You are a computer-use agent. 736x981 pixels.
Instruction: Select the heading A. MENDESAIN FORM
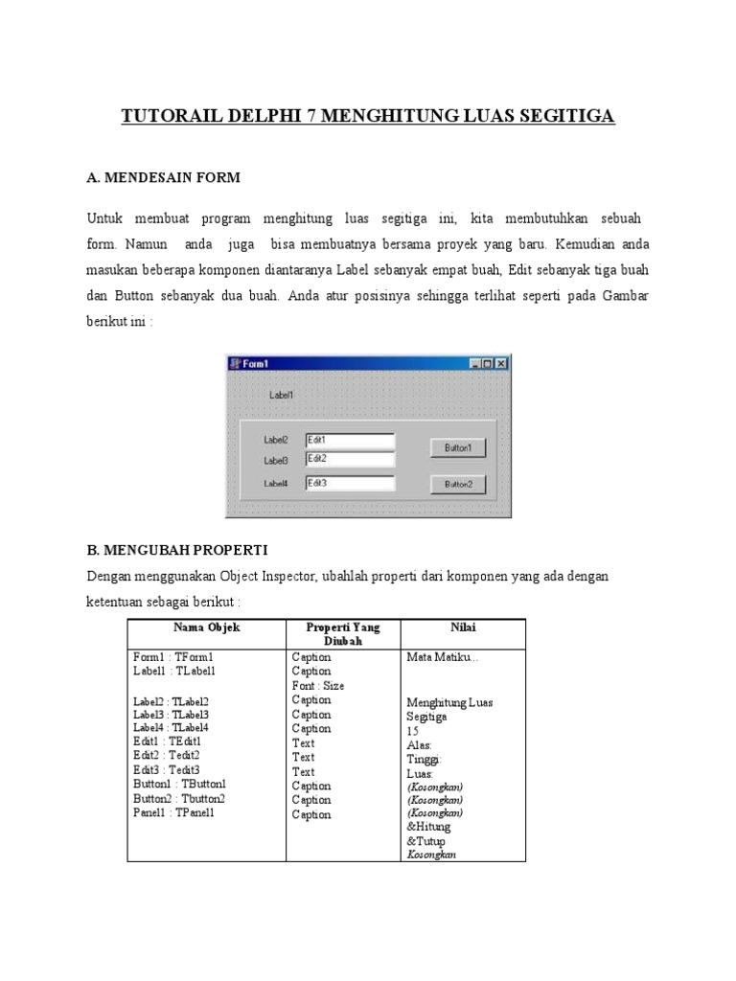[x=163, y=177]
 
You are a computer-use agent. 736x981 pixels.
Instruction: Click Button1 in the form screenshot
[x=457, y=447]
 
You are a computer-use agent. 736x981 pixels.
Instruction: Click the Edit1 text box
[x=350, y=440]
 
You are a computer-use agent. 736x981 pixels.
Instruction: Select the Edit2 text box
[x=350, y=459]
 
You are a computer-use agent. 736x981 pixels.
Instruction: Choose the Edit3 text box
[x=350, y=484]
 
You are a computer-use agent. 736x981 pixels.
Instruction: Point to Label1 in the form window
[x=281, y=394]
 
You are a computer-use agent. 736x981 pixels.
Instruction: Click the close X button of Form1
[x=501, y=364]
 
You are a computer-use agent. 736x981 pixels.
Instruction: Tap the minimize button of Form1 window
[x=474, y=364]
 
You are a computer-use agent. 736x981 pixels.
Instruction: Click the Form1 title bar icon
[x=233, y=364]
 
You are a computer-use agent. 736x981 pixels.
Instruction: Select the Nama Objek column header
[x=206, y=627]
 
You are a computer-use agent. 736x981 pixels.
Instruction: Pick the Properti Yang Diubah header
[x=342, y=634]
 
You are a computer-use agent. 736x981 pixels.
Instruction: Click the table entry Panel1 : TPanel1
[x=174, y=812]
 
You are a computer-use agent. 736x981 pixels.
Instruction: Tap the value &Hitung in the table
[x=428, y=826]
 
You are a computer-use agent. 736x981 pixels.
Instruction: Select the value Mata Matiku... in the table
[x=442, y=658]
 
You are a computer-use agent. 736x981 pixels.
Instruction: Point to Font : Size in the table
[x=317, y=686]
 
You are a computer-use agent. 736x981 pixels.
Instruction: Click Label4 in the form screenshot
[x=276, y=484]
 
